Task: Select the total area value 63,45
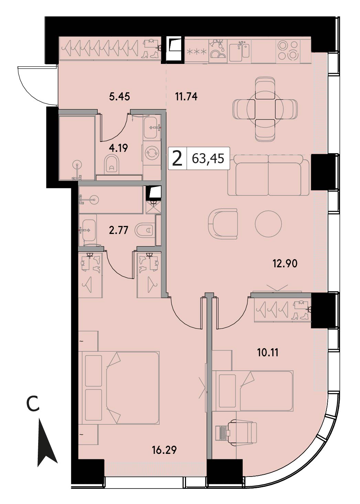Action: [x=208, y=158]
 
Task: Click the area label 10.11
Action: [x=268, y=352]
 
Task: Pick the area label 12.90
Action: [x=285, y=264]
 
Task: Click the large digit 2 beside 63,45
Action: [x=177, y=158]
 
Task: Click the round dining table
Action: [x=265, y=109]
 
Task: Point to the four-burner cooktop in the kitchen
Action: [x=288, y=50]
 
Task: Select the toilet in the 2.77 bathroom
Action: [x=145, y=230]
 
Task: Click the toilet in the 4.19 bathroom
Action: [x=111, y=164]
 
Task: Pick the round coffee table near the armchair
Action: [x=268, y=224]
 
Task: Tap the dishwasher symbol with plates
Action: [x=218, y=51]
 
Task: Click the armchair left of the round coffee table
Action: [x=223, y=224]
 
